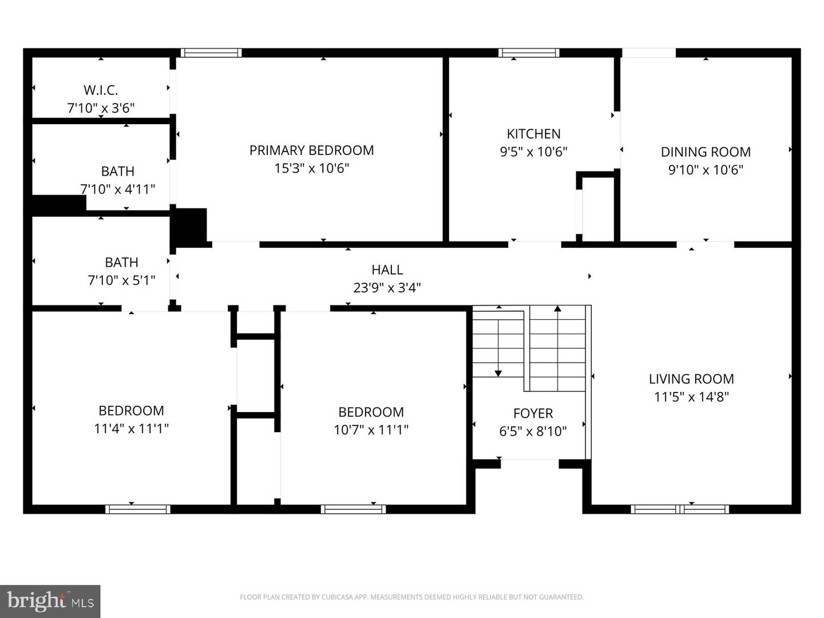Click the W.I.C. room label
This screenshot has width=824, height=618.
click(x=101, y=90)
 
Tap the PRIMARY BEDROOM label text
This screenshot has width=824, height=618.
click(x=312, y=150)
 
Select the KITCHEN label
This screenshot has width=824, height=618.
click(x=533, y=133)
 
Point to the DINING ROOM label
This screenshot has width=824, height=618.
click(x=706, y=152)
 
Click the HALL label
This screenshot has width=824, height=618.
click(x=387, y=270)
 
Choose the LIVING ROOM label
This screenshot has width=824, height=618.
click(x=691, y=379)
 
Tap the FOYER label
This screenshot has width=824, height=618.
click(x=533, y=413)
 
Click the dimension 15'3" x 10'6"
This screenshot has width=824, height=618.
click(x=312, y=168)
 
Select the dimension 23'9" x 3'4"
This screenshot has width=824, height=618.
click(x=387, y=288)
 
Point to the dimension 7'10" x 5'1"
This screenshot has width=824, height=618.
click(x=122, y=280)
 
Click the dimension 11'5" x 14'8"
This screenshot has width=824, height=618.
click(x=691, y=397)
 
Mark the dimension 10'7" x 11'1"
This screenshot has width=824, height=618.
click(x=371, y=430)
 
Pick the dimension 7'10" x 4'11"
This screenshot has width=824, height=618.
click(x=117, y=189)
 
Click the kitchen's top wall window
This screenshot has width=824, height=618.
click(x=529, y=53)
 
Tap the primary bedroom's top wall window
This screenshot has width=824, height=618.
click(x=211, y=53)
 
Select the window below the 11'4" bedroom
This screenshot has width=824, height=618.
click(x=138, y=509)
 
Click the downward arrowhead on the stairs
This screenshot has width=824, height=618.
click(x=498, y=374)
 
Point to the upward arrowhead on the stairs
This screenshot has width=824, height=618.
click(x=558, y=308)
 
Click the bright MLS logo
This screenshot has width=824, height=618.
click(x=50, y=601)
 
